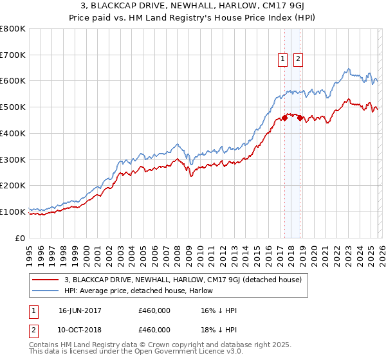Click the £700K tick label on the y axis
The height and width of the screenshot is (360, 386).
13,55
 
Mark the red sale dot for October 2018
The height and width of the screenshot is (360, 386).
299,118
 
